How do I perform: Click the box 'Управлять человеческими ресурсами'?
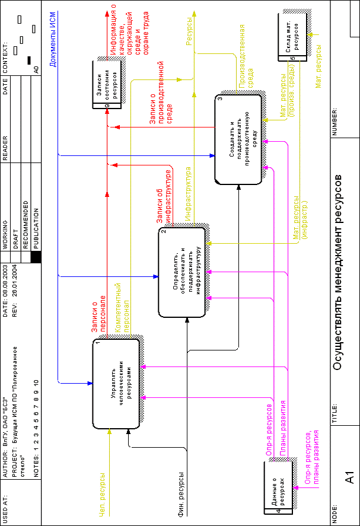pyautogui.click(x=116, y=384)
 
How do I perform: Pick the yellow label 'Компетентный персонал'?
pyautogui.click(x=122, y=308)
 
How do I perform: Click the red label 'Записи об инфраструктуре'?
pyautogui.click(x=164, y=196)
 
